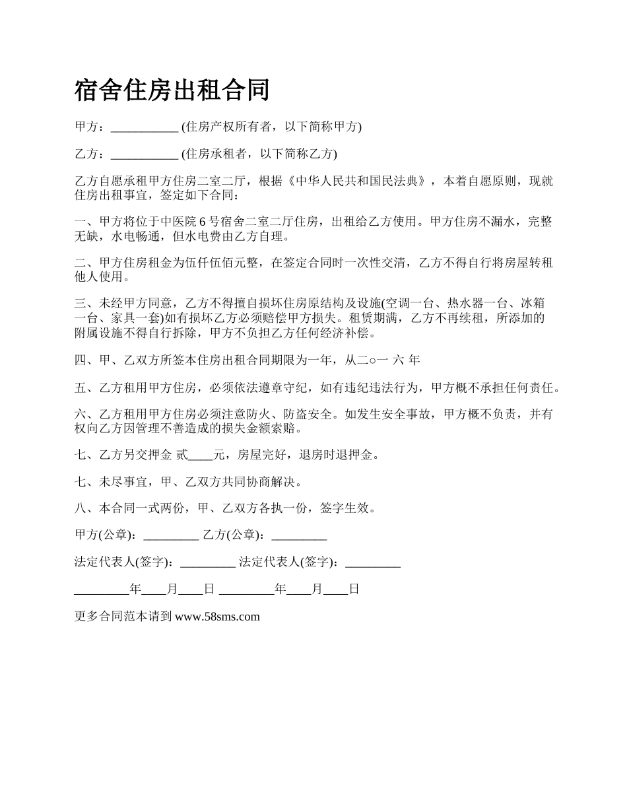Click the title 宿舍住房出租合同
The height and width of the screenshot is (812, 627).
(x=172, y=90)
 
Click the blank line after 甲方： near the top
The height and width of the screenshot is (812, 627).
(x=145, y=127)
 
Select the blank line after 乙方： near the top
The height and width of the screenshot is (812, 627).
(x=145, y=154)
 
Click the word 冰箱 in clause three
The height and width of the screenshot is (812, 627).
(x=533, y=304)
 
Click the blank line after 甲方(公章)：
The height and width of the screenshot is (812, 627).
(x=171, y=536)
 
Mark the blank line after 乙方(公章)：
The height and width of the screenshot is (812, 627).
(x=299, y=536)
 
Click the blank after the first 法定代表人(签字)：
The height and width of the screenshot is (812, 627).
(x=208, y=563)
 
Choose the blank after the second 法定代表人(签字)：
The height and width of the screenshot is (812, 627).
(x=373, y=563)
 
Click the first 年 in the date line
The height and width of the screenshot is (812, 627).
(x=136, y=590)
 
